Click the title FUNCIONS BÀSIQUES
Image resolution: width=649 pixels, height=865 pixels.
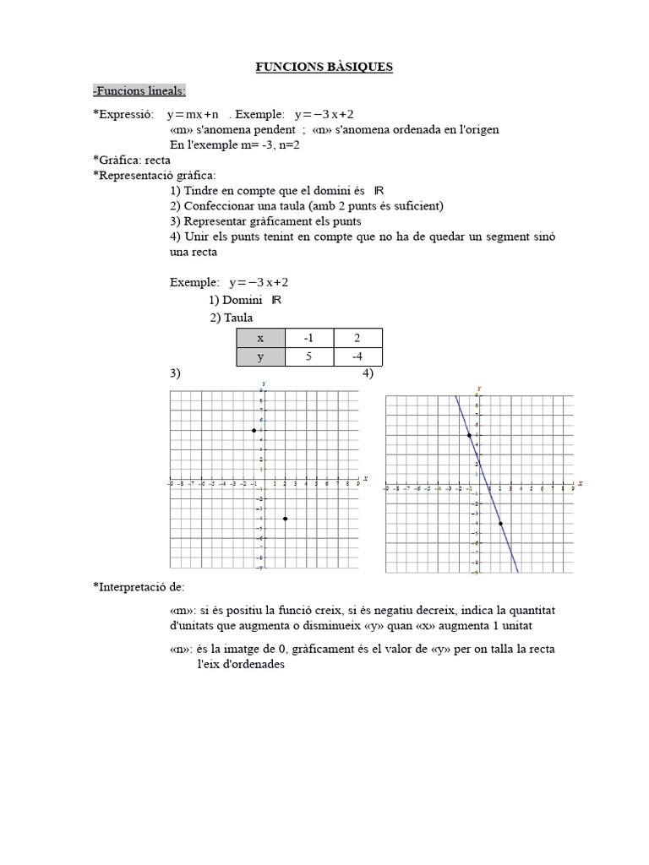click(324, 67)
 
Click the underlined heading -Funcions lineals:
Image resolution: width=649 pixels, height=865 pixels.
click(139, 91)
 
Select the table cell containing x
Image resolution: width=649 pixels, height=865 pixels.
click(260, 338)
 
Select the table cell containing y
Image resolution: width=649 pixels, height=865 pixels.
click(260, 356)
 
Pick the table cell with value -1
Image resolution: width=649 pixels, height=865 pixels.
click(309, 338)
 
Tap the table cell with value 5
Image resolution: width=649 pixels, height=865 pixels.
click(309, 356)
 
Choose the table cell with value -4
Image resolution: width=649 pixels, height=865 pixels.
click(357, 356)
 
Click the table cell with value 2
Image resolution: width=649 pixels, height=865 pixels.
click(357, 338)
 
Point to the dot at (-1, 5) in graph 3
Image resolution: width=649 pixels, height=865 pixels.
click(254, 431)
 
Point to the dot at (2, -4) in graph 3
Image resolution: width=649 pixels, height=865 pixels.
click(285, 519)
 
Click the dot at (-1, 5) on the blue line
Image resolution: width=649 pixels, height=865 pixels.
click(469, 435)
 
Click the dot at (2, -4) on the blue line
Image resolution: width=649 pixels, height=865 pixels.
click(500, 524)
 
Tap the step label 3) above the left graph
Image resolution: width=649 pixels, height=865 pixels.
click(174, 373)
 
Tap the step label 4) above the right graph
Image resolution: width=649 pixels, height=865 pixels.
click(368, 373)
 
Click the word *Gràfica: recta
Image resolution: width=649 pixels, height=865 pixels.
click(132, 160)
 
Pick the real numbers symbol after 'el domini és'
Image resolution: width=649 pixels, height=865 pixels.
click(379, 191)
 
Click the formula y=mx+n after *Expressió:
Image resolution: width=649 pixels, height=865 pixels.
click(193, 114)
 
